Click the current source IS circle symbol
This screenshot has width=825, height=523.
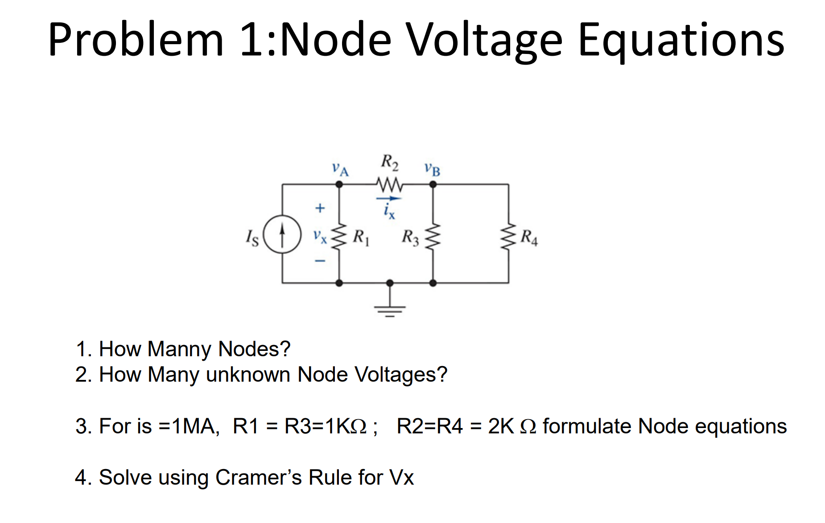point(282,234)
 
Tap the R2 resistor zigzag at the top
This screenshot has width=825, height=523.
point(389,184)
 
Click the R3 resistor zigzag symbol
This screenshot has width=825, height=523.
point(433,236)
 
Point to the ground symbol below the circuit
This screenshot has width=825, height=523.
point(390,308)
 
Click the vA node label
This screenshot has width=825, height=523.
point(340,169)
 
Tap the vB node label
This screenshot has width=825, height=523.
point(432,169)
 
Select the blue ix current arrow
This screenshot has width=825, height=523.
point(389,198)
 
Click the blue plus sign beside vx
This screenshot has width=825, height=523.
point(320,208)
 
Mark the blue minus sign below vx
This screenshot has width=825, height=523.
point(320,260)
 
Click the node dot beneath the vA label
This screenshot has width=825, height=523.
point(339,184)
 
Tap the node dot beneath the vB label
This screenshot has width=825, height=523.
point(433,184)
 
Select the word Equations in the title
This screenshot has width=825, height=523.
point(681,40)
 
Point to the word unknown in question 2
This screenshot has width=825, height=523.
point(248,375)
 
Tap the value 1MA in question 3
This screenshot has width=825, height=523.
point(195,426)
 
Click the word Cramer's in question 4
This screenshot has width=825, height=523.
point(259,478)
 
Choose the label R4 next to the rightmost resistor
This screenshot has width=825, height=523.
point(529,237)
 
